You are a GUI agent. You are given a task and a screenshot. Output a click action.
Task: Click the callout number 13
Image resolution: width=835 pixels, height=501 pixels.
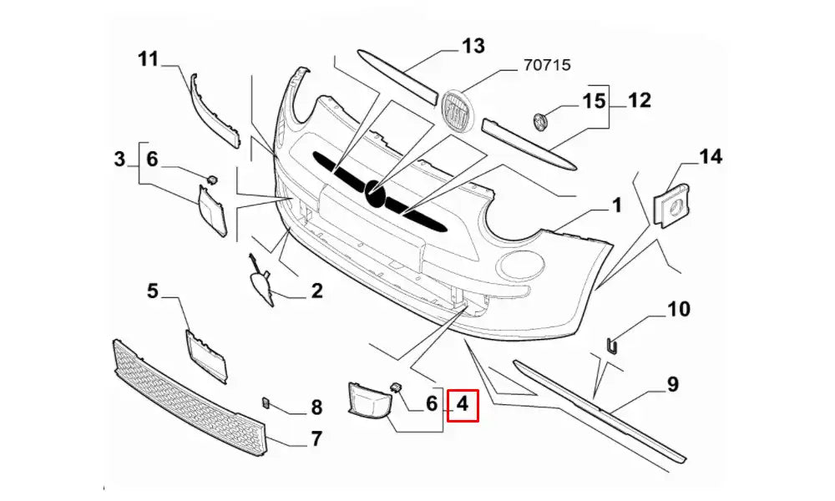point(473,46)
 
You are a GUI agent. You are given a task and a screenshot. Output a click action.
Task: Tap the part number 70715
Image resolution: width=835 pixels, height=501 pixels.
point(547,63)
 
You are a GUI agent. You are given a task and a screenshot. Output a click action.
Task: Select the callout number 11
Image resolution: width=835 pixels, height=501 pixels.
point(148,59)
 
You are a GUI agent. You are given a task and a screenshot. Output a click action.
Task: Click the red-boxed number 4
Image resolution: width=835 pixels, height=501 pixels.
point(463,407)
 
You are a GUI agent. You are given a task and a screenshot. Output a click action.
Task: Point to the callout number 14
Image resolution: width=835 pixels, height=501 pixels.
point(711,156)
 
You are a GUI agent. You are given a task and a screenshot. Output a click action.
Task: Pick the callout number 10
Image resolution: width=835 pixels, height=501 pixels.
point(678,310)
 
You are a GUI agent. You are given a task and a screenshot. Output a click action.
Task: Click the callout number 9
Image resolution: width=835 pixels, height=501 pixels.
point(673,384)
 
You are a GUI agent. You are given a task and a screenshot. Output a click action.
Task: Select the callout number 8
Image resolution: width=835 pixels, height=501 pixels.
point(316,407)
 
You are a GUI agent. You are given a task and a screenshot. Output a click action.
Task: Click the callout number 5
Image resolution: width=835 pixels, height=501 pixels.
point(153,291)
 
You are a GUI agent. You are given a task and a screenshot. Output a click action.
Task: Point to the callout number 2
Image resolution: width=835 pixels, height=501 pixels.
point(316,291)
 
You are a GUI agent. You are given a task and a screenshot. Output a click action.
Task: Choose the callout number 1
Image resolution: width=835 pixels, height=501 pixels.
point(616,205)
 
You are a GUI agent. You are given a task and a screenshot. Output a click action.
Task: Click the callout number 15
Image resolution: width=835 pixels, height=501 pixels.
point(593,102)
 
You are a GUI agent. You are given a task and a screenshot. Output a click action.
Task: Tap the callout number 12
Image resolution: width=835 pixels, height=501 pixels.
point(639,101)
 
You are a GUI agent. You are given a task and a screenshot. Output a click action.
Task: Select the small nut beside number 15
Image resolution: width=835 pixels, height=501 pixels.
point(539,120)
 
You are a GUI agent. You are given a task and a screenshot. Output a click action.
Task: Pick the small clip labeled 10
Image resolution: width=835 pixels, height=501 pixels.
point(610,344)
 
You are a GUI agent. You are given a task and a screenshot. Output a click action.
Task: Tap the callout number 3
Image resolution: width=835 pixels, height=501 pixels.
point(119,158)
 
